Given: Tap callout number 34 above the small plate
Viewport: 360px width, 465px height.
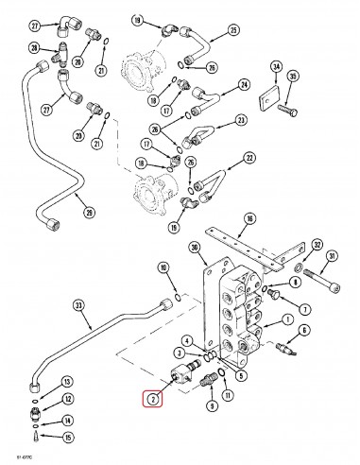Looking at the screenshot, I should pos(276,67).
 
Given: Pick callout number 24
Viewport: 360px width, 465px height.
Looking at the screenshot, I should pos(244,85).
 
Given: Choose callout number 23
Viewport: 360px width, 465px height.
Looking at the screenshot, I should pos(241,120).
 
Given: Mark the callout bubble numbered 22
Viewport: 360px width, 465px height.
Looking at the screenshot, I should pos(249,157).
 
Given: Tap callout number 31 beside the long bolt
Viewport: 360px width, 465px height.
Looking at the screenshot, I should pos(333,257).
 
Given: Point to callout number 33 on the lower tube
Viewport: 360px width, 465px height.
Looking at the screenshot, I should pos(77,305).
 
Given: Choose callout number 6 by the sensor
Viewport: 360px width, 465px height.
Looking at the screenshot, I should pos(304,331).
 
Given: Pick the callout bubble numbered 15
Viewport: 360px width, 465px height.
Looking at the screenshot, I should pos(65,437).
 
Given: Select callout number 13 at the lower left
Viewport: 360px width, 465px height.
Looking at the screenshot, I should pos(66,382).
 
